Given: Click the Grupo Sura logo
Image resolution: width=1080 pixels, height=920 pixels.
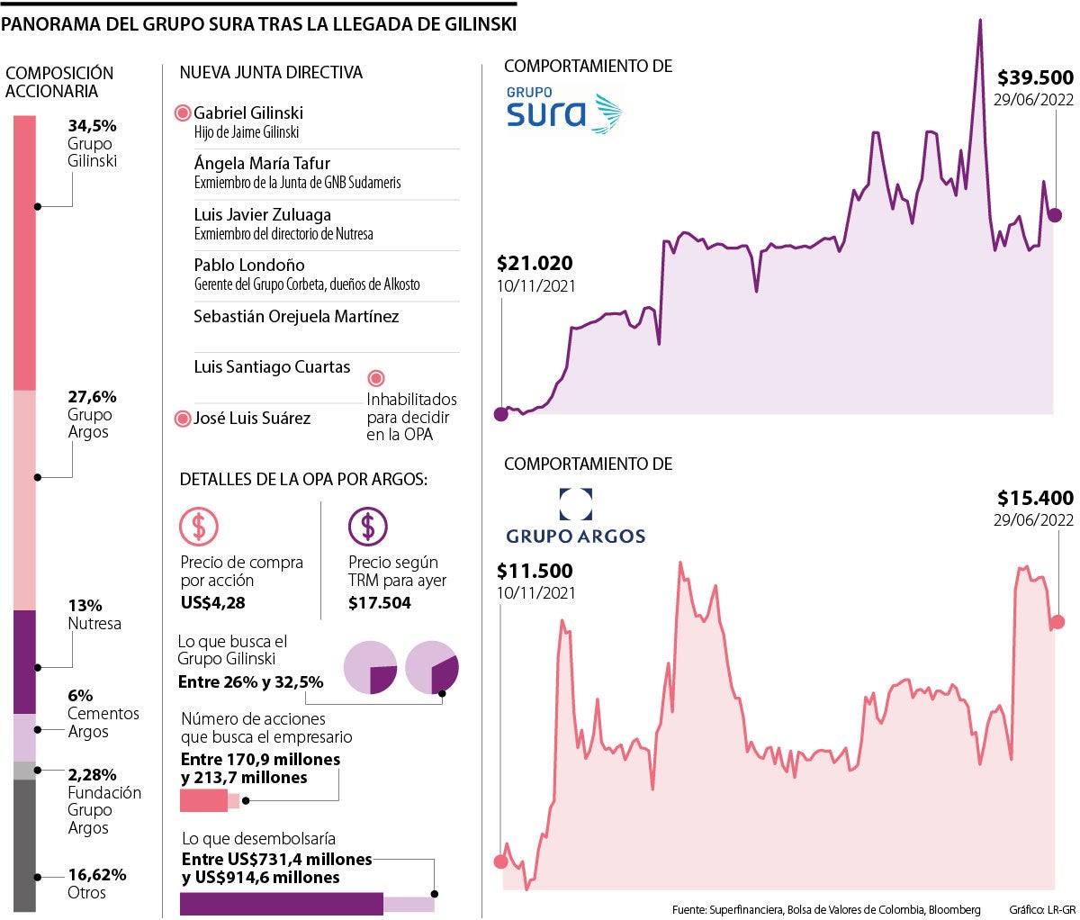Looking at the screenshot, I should point(563,110).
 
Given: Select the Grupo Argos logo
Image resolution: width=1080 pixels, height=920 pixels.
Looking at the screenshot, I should point(576,518).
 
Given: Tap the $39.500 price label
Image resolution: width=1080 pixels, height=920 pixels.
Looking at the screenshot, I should point(1035,78).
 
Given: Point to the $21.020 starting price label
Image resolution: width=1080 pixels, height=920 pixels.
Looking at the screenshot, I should point(535,264).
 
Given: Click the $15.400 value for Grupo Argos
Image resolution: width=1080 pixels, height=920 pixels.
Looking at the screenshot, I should point(1035,498).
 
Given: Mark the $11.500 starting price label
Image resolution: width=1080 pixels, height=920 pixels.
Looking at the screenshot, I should point(535,571).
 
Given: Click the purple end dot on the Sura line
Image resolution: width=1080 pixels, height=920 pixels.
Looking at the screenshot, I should point(1055,215).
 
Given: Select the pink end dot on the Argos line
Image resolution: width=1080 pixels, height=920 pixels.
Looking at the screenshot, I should point(1057,622).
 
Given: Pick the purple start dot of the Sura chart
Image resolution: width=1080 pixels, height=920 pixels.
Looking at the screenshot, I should point(501,414).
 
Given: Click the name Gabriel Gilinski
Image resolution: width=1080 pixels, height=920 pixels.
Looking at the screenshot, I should point(248,113).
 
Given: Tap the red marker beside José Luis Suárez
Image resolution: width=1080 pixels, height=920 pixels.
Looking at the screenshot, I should point(183,418).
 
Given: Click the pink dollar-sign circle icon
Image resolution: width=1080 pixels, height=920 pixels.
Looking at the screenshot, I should point(199,527).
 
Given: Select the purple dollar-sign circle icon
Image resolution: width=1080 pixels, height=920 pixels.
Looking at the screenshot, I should point(367,527).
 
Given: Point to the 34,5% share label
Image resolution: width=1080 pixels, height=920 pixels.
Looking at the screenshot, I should point(93,126).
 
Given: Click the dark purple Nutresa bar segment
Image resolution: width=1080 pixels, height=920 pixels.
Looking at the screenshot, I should point(24,662).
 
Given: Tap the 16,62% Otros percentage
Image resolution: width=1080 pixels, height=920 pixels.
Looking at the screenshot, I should point(97,874).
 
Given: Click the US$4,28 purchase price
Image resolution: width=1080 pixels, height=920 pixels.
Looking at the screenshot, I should point(212,603).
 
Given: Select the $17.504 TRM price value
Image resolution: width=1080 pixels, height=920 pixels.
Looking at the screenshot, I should point(380,603).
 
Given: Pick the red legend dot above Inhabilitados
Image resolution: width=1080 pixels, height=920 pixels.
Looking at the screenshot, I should point(377,379).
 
